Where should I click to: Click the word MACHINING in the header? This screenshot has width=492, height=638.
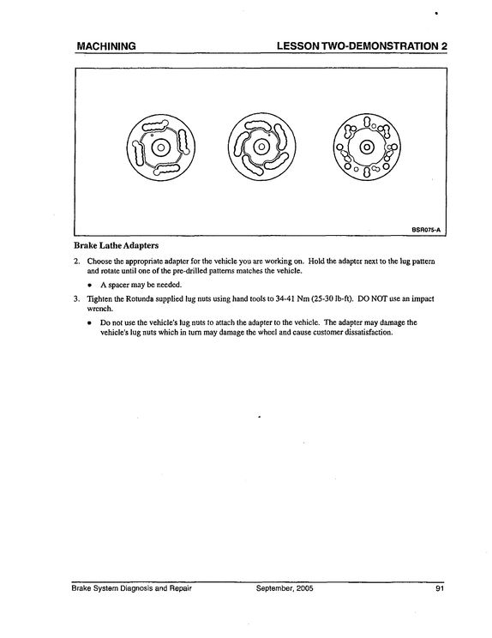tap(106, 46)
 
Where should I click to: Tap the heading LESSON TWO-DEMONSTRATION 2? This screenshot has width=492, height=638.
tap(362, 46)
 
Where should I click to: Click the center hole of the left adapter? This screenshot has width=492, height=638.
tap(160, 147)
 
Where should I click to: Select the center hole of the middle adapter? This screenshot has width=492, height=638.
tap(262, 147)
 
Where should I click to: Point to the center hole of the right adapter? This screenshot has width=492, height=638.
tap(367, 147)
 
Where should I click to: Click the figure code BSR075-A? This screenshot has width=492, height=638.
tap(427, 230)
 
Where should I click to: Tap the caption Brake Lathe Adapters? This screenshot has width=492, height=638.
tap(117, 246)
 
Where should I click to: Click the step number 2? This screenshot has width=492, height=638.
tap(76, 262)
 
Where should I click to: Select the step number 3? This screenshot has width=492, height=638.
tap(76, 299)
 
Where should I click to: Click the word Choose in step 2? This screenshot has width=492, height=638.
tap(98, 262)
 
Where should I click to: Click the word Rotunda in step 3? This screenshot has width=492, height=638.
tap(137, 299)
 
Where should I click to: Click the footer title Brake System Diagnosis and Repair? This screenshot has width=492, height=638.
tap(131, 588)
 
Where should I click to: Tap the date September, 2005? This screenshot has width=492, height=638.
tap(285, 588)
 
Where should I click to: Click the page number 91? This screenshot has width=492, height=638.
tap(440, 588)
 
